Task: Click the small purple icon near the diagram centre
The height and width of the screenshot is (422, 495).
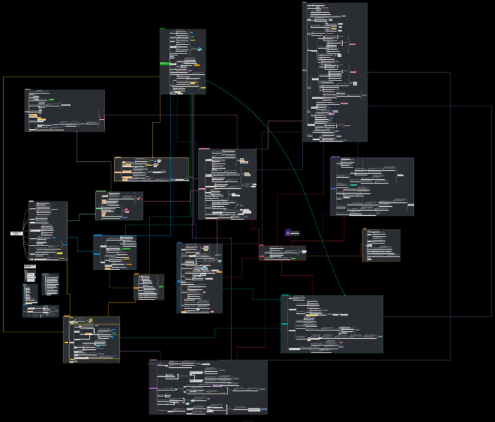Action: coord(287,232)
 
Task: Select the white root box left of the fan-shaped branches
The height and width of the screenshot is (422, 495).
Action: coord(17,233)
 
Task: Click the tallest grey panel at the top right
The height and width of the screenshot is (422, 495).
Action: coord(335,71)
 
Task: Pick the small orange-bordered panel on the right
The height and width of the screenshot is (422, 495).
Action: coord(382,245)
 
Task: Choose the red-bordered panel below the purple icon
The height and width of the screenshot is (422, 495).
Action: coord(282,253)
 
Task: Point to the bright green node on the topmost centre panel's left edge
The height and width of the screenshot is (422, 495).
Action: coord(164,64)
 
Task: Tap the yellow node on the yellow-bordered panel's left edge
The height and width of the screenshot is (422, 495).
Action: coord(67,317)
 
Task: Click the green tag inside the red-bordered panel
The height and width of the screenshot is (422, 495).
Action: coord(293,258)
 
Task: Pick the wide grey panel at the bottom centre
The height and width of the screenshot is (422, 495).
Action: coord(208,387)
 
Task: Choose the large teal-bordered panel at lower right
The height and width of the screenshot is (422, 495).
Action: coord(332,324)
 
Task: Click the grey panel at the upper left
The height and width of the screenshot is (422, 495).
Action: coord(64,110)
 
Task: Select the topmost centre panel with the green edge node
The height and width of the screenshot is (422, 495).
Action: coord(183,61)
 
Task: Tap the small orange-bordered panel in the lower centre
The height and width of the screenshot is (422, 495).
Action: coord(149,287)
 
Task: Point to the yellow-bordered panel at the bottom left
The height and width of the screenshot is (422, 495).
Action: coord(92,339)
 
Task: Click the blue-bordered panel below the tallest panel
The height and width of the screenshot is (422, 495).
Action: coord(372,186)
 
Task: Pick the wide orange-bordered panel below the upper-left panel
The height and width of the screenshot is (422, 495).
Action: coord(151,169)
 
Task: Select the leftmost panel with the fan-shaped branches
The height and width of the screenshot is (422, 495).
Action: coord(48,231)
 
